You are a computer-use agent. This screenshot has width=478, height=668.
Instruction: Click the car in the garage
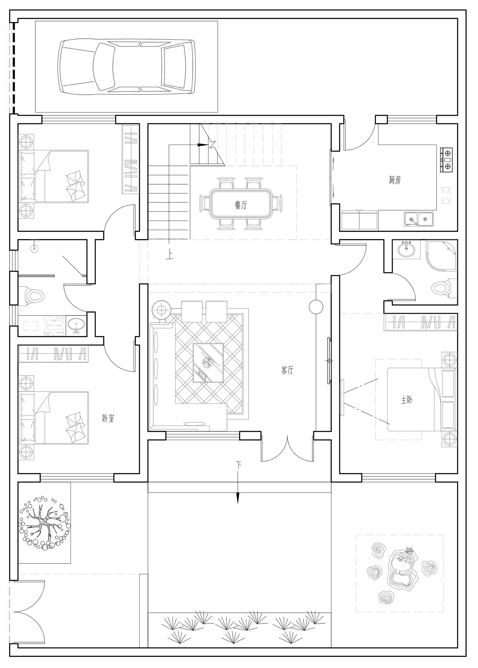pyautogui.click(x=127, y=67)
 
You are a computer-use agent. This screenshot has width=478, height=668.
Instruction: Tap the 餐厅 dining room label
pyautogui.click(x=241, y=205)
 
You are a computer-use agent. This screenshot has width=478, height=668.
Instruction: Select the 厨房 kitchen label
pyautogui.click(x=395, y=180)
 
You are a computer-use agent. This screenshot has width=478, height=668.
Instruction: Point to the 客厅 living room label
pyautogui.click(x=287, y=370)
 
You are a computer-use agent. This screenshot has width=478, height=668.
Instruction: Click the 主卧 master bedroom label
pyautogui.click(x=407, y=400)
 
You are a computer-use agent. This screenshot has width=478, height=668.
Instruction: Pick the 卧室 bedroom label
pyautogui.click(x=108, y=418)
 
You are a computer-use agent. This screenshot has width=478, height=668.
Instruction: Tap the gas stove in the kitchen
pyautogui.click(x=446, y=160)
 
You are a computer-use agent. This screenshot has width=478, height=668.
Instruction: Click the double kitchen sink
pyautogui.click(x=419, y=219)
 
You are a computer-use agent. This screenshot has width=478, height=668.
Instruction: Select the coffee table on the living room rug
pyautogui.click(x=208, y=363)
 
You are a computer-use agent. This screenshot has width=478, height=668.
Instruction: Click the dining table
pyautogui.click(x=241, y=204)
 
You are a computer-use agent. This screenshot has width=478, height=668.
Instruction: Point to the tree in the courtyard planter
pyautogui.click(x=44, y=523)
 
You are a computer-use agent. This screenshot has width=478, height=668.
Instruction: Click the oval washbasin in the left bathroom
pyautogui.click(x=76, y=326)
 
